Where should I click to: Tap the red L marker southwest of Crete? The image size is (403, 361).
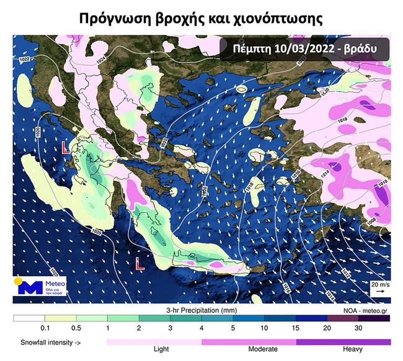tap(140, 263)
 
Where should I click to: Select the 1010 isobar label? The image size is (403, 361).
tap(381, 183)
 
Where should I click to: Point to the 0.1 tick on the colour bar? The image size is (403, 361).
tap(45, 327)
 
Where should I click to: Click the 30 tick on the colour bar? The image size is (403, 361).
tap(358, 327)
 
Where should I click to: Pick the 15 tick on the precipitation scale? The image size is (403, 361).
tap(295, 327)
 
